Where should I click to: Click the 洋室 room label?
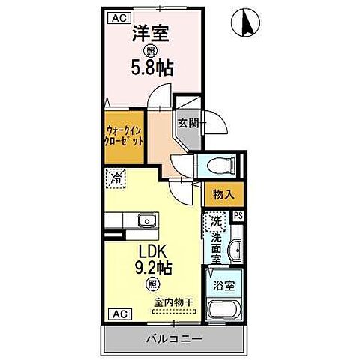[148, 34]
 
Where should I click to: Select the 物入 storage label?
[223, 194]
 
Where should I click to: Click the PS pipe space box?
[238, 216]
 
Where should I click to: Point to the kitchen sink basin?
[145, 220]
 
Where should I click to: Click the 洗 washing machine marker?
[215, 221]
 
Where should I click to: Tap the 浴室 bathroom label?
[223, 285]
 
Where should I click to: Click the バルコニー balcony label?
[173, 340]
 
